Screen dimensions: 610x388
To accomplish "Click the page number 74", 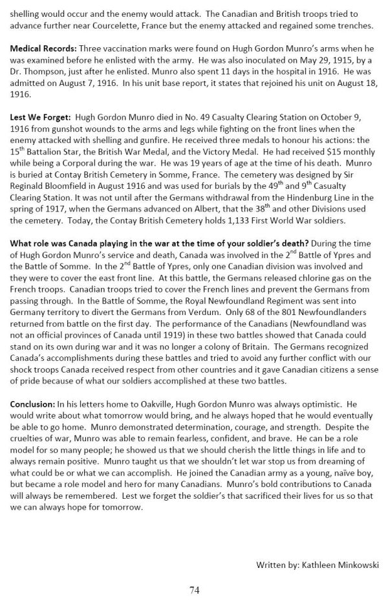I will (x=194, y=590).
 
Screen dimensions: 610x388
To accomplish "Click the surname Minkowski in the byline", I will (x=354, y=565).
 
